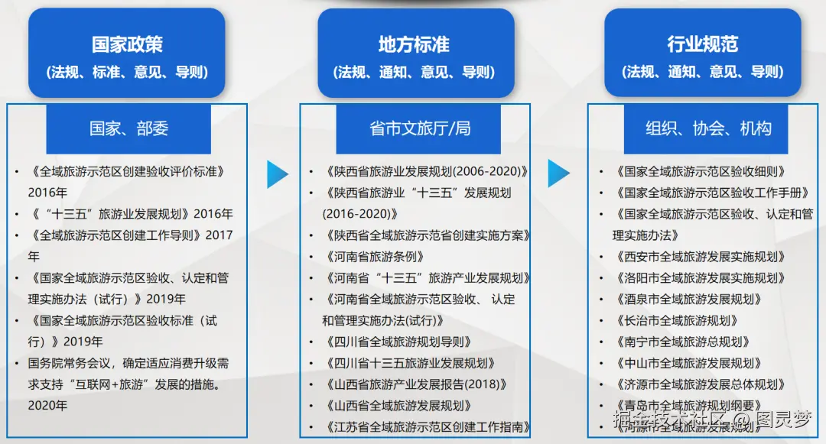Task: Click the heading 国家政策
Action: tap(127, 44)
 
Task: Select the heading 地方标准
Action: tap(414, 44)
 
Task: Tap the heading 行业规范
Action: tap(702, 44)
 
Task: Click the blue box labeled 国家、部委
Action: tap(128, 128)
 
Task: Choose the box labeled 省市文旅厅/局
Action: tap(419, 128)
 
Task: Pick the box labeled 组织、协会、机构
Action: tap(707, 128)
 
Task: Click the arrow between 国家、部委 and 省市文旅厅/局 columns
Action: tap(277, 174)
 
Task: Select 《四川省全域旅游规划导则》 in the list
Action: tap(398, 342)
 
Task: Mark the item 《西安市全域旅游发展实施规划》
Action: tap(700, 257)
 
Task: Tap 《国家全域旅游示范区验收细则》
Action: tap(700, 172)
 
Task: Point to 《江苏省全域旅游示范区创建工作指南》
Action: tap(427, 427)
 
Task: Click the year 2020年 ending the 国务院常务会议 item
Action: tap(47, 406)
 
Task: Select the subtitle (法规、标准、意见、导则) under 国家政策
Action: tap(127, 73)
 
